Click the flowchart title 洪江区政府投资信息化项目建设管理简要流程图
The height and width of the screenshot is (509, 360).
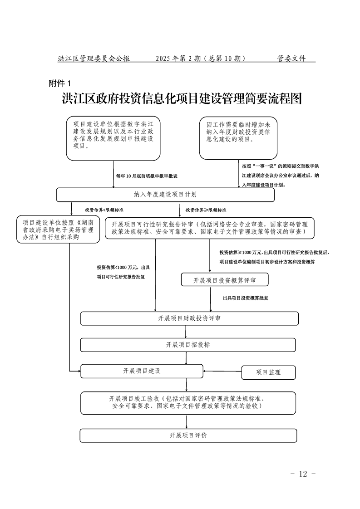point(182,99)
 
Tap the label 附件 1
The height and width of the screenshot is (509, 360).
point(60,83)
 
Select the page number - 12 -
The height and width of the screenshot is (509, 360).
point(303,474)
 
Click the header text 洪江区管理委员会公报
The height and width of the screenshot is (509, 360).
point(94,59)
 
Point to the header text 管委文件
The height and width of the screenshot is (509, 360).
point(291,59)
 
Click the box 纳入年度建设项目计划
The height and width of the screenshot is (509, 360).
point(165,195)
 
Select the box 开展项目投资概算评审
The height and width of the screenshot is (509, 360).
point(224,280)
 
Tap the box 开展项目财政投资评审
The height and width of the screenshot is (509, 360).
point(189,318)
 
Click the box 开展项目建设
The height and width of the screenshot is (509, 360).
point(142,371)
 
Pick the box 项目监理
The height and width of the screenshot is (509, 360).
point(268,372)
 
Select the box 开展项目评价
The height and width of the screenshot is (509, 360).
point(188,436)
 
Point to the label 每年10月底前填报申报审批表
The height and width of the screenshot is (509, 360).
point(147,176)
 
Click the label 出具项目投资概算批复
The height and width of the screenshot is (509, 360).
point(245,298)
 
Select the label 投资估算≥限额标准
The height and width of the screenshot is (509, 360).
point(206,210)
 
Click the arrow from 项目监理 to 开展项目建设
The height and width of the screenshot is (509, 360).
point(222,372)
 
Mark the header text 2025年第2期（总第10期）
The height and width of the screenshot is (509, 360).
point(200,59)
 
